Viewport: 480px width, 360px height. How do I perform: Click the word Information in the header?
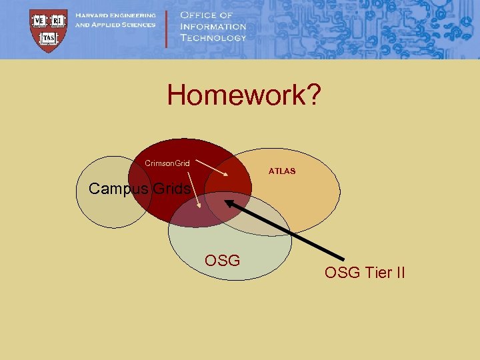(x=213, y=27)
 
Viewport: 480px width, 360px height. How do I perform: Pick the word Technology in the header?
(x=213, y=38)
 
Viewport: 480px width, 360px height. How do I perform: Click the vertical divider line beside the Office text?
(x=167, y=28)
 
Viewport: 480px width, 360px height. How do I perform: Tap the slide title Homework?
(x=244, y=95)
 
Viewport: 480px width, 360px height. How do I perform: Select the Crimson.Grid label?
(x=167, y=163)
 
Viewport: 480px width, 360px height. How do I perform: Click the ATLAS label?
(x=282, y=171)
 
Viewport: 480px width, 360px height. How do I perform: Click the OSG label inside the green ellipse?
(x=223, y=260)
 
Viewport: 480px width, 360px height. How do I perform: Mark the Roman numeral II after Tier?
(x=399, y=272)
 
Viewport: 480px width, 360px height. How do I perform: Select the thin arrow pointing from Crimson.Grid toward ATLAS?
(x=213, y=167)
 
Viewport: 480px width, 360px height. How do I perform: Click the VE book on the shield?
(x=39, y=20)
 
